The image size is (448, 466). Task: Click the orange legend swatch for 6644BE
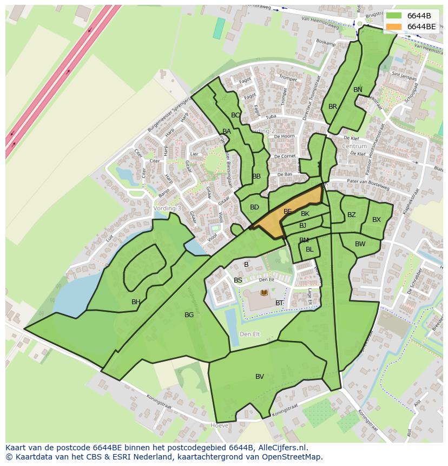click(394, 27)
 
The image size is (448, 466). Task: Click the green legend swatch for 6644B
click(394, 16)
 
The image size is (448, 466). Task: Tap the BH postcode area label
click(136, 302)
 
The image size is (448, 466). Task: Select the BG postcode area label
click(189, 315)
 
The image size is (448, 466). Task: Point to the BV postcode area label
click(260, 377)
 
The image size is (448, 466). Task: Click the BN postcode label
click(358, 90)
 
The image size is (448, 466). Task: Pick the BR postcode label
click(333, 107)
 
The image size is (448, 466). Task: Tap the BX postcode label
click(377, 220)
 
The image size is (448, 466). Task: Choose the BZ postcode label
click(352, 215)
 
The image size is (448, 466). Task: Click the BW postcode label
click(360, 244)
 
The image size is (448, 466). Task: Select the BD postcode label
click(254, 207)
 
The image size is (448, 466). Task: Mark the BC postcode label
click(235, 115)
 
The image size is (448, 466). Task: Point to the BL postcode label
click(309, 250)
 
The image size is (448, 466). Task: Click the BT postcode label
click(279, 303)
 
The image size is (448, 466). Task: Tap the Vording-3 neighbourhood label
click(167, 208)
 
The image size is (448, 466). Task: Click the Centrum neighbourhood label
click(354, 146)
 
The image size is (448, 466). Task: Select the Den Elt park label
click(249, 334)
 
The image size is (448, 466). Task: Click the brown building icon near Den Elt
click(264, 293)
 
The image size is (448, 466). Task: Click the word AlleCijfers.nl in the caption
click(281, 448)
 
